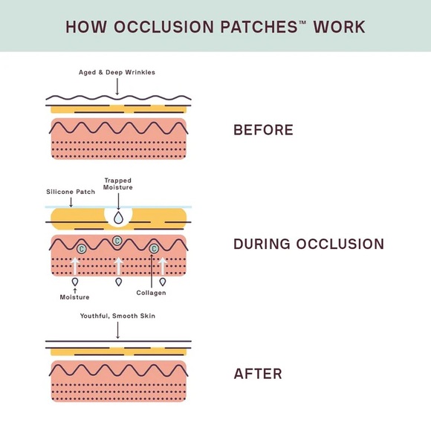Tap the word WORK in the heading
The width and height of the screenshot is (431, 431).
[x=339, y=27]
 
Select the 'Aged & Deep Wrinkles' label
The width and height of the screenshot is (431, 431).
[x=117, y=72]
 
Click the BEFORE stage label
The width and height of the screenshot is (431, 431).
[x=263, y=130]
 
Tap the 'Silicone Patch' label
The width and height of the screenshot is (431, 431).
[x=71, y=191]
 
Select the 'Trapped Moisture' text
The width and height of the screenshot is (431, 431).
[x=117, y=184]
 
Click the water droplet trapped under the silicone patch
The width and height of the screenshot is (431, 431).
[x=117, y=216]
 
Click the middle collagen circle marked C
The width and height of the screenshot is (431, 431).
[x=117, y=240]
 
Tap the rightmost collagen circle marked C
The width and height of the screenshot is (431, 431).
[x=154, y=248]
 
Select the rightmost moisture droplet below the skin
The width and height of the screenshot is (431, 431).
[x=163, y=282]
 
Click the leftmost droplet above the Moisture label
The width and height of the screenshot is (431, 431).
[x=74, y=282]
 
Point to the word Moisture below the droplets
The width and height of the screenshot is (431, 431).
[x=74, y=297]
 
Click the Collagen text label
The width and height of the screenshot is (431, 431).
[x=151, y=293]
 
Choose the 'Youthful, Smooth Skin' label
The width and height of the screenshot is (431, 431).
[x=117, y=316]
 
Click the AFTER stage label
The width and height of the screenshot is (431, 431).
[x=258, y=374]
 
